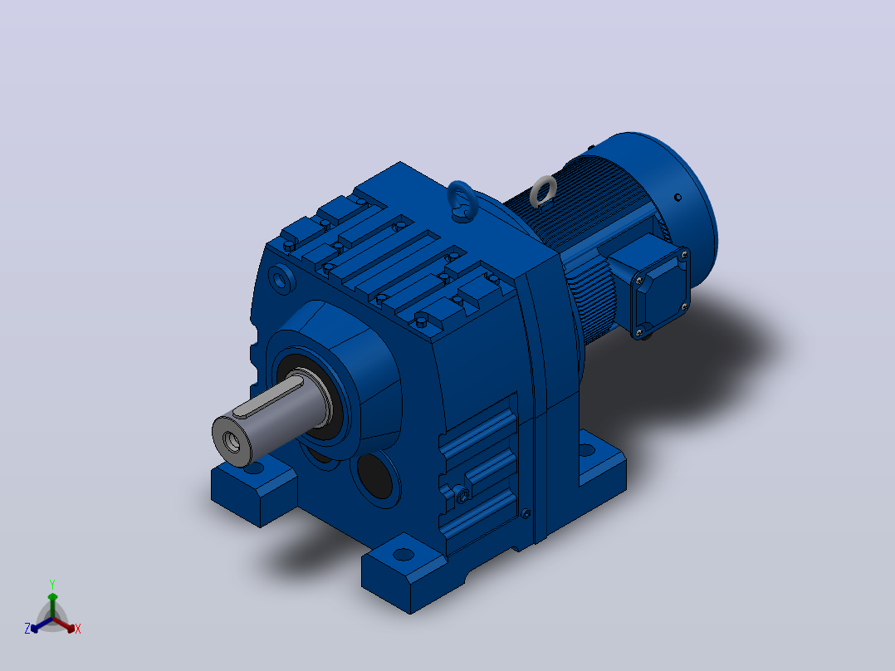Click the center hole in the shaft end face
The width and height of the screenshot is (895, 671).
232,442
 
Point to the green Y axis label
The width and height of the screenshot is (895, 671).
52,585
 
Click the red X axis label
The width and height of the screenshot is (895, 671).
78,629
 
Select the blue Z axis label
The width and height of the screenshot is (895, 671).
27,628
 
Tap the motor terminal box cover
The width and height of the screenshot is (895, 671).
660,292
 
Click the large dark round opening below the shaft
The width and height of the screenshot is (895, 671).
375,475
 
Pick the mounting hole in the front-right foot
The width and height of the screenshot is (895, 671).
403,554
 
